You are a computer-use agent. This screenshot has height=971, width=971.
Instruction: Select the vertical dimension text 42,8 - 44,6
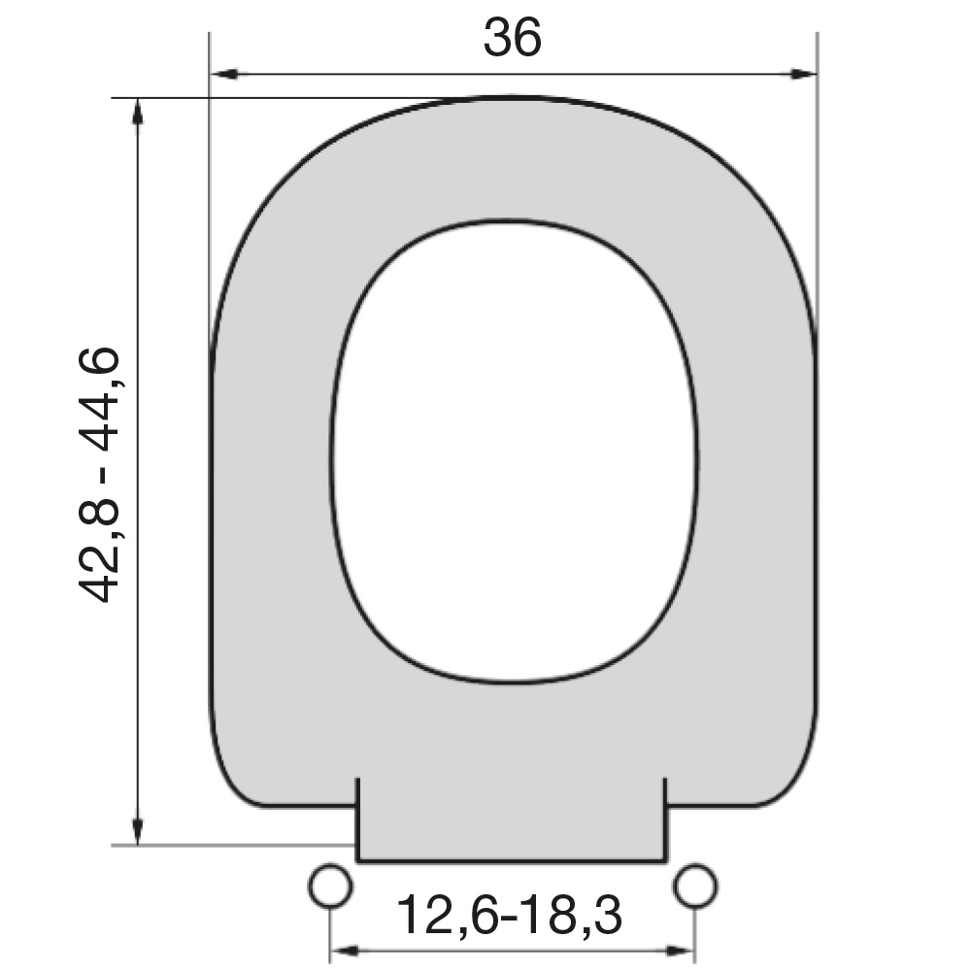pyautogui.click(x=99, y=475)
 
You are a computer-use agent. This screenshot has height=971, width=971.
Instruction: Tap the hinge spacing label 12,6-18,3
pyautogui.click(x=509, y=914)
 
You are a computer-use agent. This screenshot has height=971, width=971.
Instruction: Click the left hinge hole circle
pyautogui.click(x=331, y=886)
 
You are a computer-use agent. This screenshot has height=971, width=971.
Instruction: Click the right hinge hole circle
pyautogui.click(x=695, y=886)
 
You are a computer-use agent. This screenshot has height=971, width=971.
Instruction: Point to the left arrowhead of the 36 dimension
pyautogui.click(x=224, y=75)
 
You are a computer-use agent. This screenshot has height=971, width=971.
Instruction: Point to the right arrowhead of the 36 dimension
pyautogui.click(x=803, y=75)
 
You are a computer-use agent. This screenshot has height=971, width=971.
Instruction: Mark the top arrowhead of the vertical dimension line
pyautogui.click(x=138, y=112)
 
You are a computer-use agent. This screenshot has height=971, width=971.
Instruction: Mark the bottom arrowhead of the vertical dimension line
pyautogui.click(x=138, y=830)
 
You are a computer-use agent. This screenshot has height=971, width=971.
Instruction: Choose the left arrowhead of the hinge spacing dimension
pyautogui.click(x=345, y=950)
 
